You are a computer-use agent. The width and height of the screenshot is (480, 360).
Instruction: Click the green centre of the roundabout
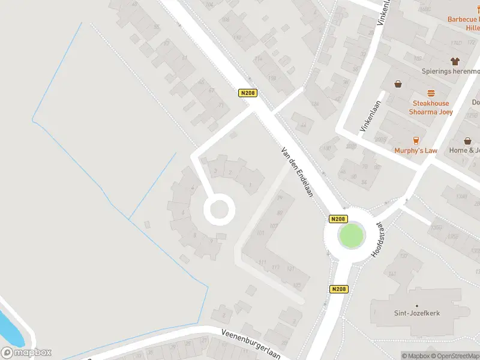[x=352, y=235]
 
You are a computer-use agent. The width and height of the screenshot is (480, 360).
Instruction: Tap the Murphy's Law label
[x=416, y=151]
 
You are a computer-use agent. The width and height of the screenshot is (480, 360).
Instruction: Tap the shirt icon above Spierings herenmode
[x=455, y=61]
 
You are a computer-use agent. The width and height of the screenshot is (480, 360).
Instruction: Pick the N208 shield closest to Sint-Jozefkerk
[x=338, y=289]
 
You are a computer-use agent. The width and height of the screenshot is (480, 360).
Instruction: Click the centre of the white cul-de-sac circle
[x=217, y=210]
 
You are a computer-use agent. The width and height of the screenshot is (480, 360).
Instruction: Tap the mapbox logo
[x=26, y=353]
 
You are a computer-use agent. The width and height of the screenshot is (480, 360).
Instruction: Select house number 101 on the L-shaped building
[x=260, y=233]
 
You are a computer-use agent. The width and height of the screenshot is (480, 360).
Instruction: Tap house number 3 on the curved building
[x=215, y=172]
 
